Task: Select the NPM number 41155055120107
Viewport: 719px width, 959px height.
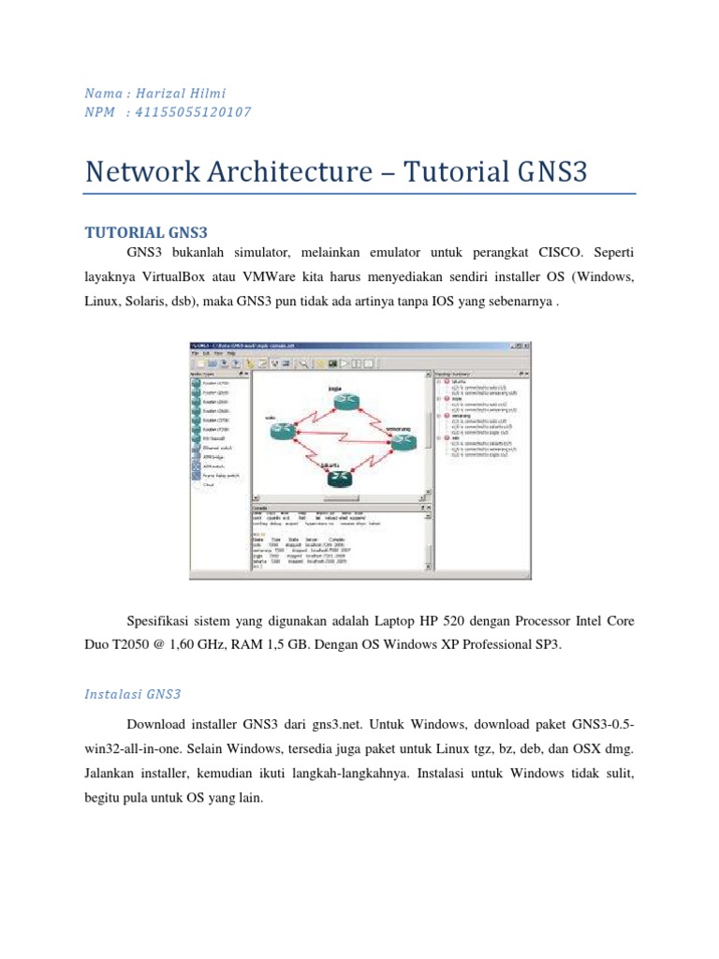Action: click(x=193, y=112)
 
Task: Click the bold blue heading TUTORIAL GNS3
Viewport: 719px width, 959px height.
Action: click(x=146, y=231)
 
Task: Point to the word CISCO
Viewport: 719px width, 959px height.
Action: click(x=561, y=253)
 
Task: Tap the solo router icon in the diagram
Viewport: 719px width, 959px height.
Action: click(x=283, y=431)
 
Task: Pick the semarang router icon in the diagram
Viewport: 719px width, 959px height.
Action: click(x=404, y=443)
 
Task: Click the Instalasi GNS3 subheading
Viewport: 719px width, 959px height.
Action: click(x=132, y=695)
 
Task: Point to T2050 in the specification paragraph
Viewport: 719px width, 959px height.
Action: click(x=139, y=645)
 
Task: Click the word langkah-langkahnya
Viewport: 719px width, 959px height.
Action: click(x=361, y=775)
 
